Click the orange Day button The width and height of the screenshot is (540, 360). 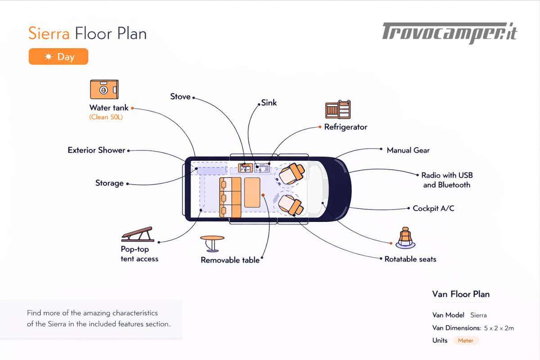(58, 57)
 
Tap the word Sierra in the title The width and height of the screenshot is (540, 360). (49, 34)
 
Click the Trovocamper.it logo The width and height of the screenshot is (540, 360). (450, 33)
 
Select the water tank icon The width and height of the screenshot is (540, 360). (104, 89)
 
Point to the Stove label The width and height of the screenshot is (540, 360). (180, 97)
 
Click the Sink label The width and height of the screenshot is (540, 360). (269, 103)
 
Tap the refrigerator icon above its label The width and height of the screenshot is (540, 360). (338, 110)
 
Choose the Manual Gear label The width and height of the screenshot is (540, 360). (408, 150)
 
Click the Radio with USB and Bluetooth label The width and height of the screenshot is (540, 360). (447, 180)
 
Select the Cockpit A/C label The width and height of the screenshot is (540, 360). (433, 208)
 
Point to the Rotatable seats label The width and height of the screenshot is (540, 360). (410, 259)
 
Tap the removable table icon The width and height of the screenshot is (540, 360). (212, 243)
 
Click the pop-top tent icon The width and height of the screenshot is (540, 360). (137, 234)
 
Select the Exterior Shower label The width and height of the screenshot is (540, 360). (96, 150)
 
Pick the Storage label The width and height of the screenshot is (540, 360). (109, 183)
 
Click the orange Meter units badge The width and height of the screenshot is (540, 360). (466, 341)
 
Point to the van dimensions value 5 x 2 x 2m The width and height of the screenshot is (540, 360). (499, 328)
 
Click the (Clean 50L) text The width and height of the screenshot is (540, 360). (106, 117)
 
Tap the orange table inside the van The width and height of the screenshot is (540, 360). (252, 192)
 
